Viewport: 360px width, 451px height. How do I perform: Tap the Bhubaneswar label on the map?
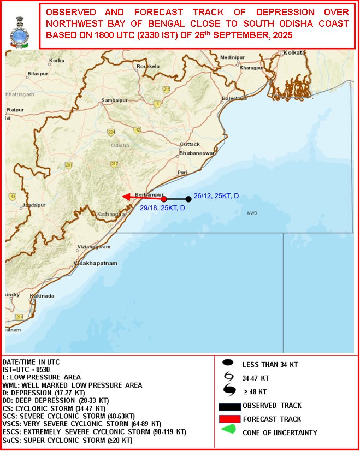(x=197, y=153)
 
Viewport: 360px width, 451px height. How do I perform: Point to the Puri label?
(x=182, y=173)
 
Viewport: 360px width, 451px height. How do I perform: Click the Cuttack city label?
(x=190, y=144)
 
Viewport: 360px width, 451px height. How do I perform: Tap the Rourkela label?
(x=147, y=66)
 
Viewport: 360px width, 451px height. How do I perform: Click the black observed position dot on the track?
(x=188, y=199)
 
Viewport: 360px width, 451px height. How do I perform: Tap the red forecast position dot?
(x=164, y=199)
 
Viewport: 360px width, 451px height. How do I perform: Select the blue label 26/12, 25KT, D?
(x=216, y=196)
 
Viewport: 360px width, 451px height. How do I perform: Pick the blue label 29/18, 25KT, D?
(x=162, y=208)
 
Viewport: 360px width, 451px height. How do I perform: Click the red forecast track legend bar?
(x=229, y=418)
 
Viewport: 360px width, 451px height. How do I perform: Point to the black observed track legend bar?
(x=229, y=406)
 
